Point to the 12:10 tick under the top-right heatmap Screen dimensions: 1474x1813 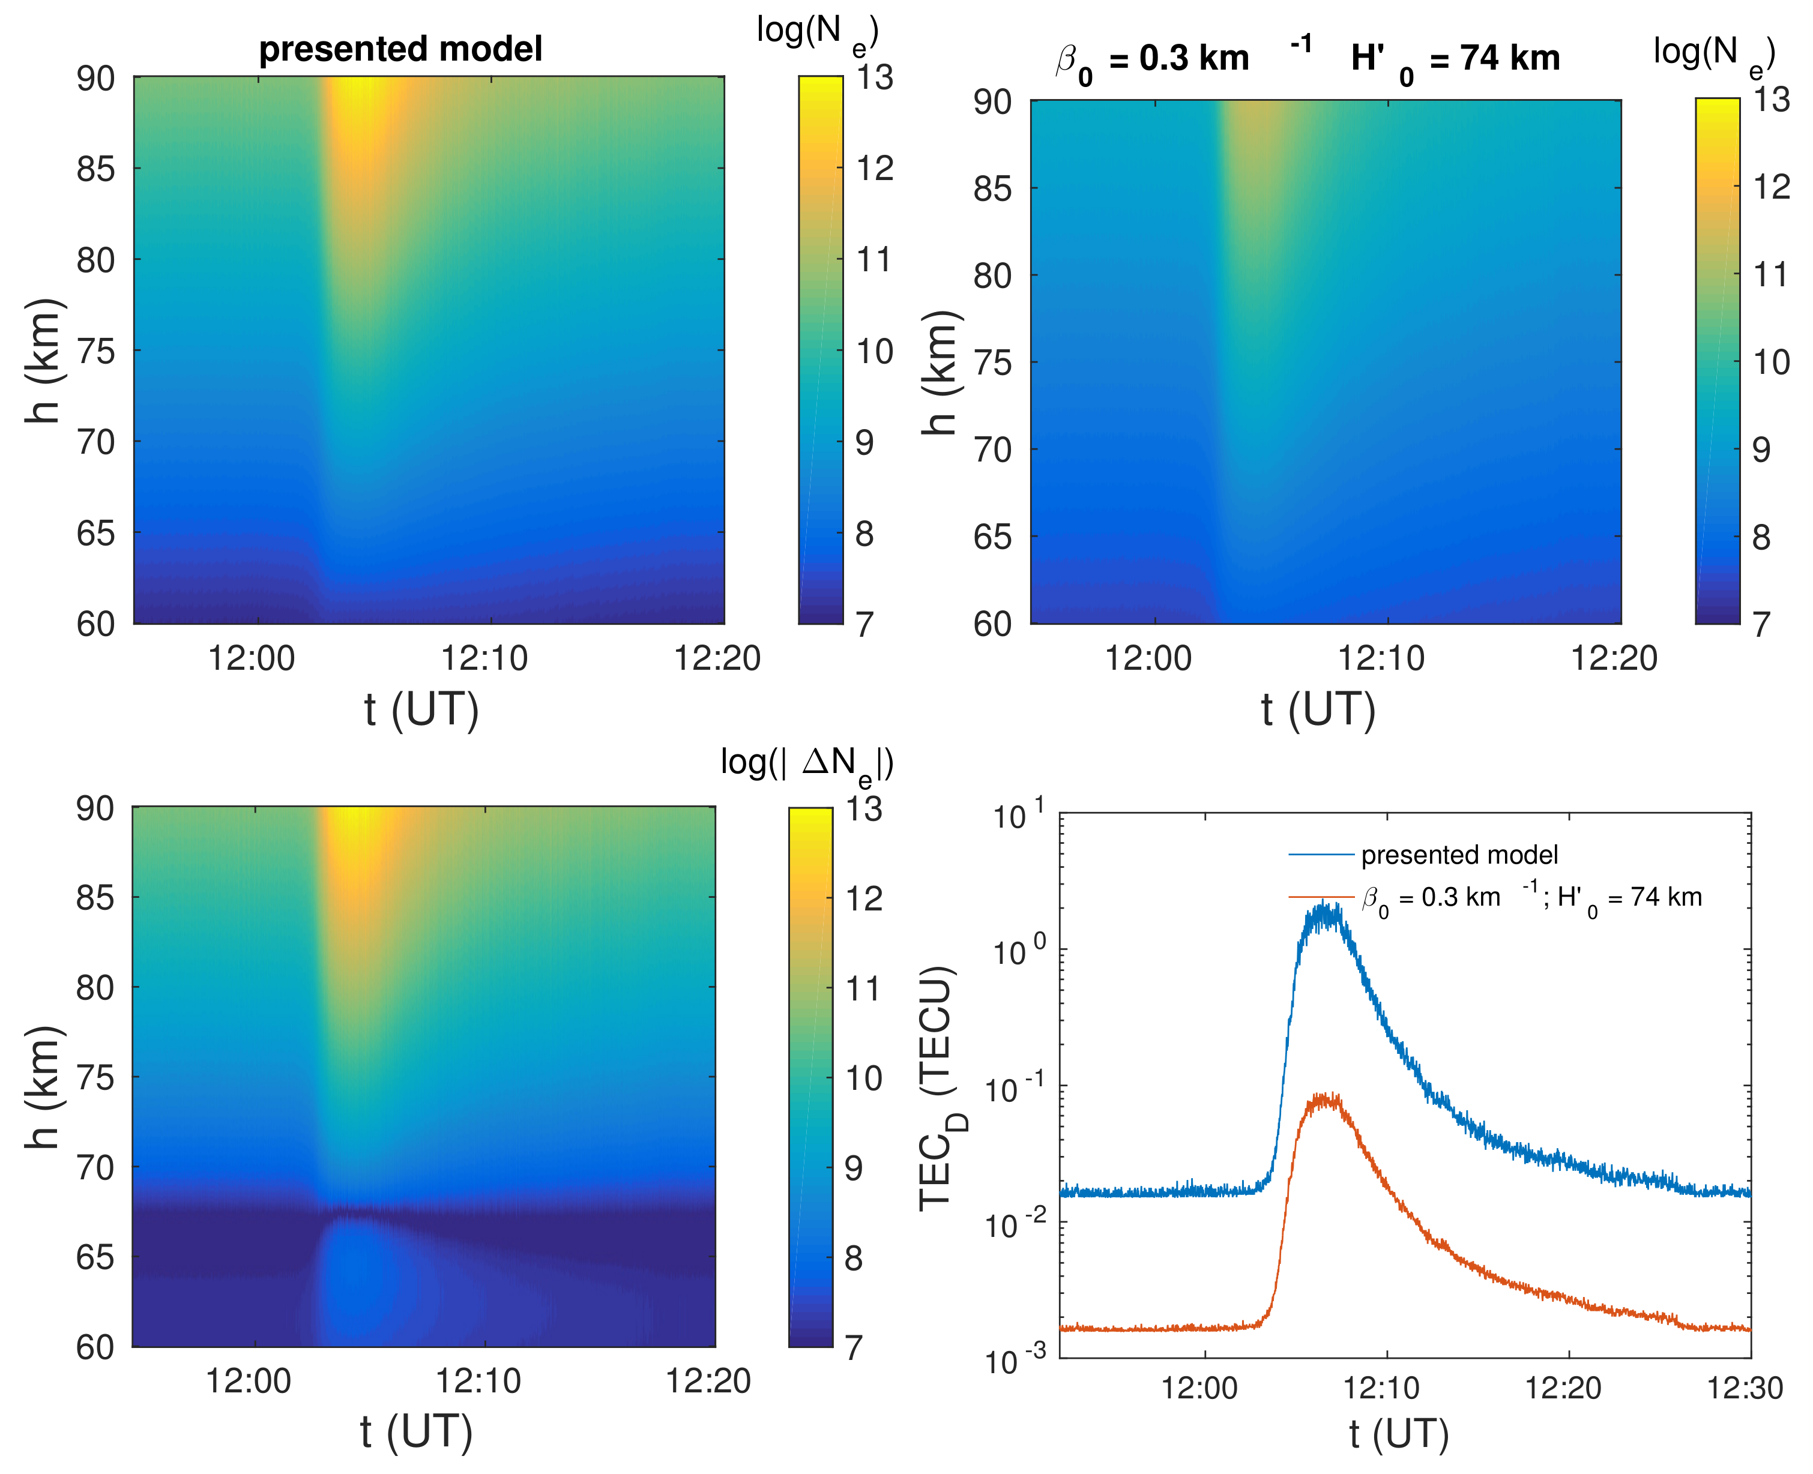(1381, 658)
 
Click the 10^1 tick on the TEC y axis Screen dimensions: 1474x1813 (1018, 816)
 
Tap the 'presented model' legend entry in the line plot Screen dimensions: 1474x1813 (1459, 854)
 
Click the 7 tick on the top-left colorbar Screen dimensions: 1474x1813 (864, 624)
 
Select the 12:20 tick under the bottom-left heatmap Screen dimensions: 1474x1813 (707, 1382)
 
